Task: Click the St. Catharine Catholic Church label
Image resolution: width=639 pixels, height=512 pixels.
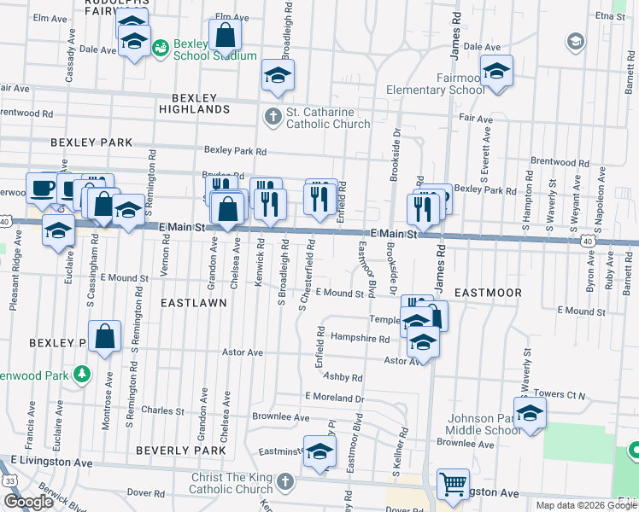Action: pyautogui.click(x=327, y=118)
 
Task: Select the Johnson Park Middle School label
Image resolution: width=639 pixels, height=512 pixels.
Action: pyautogui.click(x=484, y=424)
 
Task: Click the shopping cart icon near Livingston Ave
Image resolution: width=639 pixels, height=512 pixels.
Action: pyautogui.click(x=452, y=484)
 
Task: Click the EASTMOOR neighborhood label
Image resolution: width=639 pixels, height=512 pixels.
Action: pyautogui.click(x=488, y=292)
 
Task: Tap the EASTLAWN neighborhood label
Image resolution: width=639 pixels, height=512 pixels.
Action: pyautogui.click(x=194, y=302)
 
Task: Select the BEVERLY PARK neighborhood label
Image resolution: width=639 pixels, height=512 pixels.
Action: pyautogui.click(x=179, y=450)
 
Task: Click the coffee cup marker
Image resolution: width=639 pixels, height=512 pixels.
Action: pyautogui.click(x=41, y=189)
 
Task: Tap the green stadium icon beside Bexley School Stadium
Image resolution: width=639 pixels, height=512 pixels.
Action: pyautogui.click(x=161, y=49)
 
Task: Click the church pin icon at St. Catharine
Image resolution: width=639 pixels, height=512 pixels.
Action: pyautogui.click(x=273, y=116)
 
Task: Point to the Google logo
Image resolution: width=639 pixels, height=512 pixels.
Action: pyautogui.click(x=28, y=502)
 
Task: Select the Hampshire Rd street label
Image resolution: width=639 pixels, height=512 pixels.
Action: pyautogui.click(x=360, y=339)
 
